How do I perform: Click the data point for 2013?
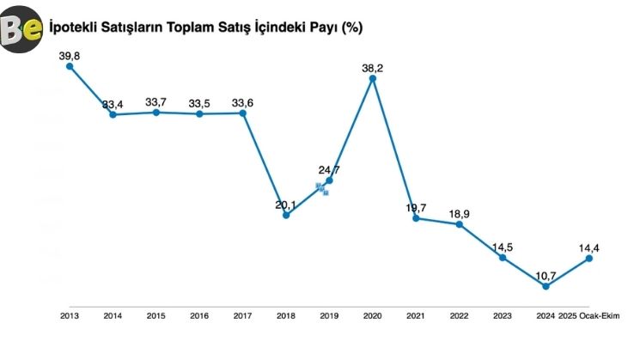pyautogui.click(x=70, y=66)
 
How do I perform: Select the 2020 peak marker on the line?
pyautogui.click(x=373, y=78)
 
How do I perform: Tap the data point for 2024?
pyautogui.click(x=546, y=286)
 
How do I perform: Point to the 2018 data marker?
pyautogui.click(x=286, y=215)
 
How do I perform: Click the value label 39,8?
pyautogui.click(x=70, y=56)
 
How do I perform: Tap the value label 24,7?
pyautogui.click(x=329, y=170)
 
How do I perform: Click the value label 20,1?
pyautogui.click(x=286, y=204)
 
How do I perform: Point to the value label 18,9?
pyautogui.click(x=460, y=214)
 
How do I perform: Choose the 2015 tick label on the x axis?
pyautogui.click(x=156, y=316)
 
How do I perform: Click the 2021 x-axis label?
pyautogui.click(x=416, y=316)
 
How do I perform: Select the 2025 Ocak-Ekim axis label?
pyautogui.click(x=588, y=316)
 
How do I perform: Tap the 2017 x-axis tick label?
pyautogui.click(x=243, y=316)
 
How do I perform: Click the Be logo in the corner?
pyautogui.click(x=22, y=31)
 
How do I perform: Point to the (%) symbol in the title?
pyautogui.click(x=351, y=27)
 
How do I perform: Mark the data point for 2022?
pyautogui.click(x=460, y=224)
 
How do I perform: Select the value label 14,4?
pyautogui.click(x=589, y=249)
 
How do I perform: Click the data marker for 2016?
pyautogui.click(x=199, y=113)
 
